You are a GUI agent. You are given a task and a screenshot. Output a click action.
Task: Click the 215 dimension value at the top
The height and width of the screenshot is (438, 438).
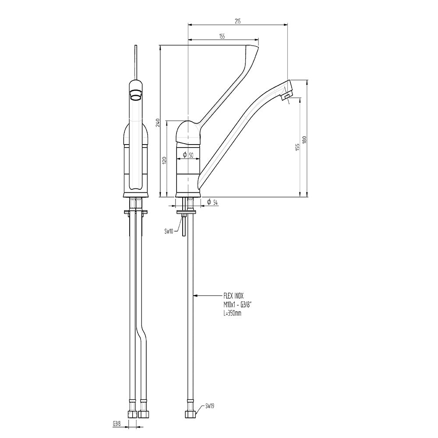click(x=238, y=21)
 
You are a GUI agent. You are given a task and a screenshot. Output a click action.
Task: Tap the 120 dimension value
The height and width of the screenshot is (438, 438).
click(x=165, y=160)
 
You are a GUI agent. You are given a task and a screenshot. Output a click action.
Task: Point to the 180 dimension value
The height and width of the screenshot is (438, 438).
click(x=304, y=140)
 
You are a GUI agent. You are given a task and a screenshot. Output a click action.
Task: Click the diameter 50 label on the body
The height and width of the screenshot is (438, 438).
click(x=188, y=155)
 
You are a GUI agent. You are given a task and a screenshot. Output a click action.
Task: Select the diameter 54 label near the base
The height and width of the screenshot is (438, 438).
click(x=212, y=202)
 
